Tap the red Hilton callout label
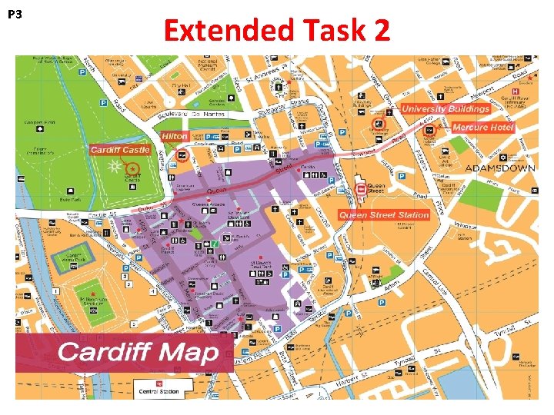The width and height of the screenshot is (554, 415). [174, 136]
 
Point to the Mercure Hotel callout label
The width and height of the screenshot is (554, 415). [482, 128]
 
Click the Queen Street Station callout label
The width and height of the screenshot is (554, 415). [384, 215]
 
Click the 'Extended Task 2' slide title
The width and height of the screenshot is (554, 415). [277, 31]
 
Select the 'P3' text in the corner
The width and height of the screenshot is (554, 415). [14, 15]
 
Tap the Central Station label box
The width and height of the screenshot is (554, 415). [159, 388]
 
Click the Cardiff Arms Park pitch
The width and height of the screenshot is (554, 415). [75, 257]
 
